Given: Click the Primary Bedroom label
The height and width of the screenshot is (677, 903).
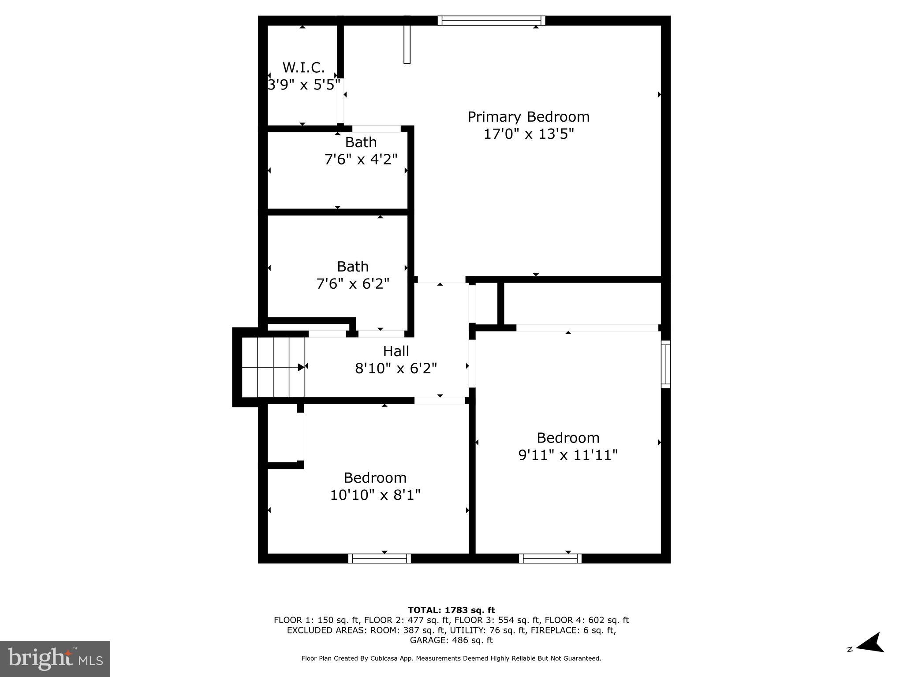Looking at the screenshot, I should pyautogui.click(x=528, y=117).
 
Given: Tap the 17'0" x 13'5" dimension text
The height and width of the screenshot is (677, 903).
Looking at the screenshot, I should pyautogui.click(x=529, y=134).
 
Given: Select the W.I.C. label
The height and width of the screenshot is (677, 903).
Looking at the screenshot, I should pyautogui.click(x=303, y=67).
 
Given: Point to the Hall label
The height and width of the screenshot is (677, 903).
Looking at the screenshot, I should pyautogui.click(x=396, y=351).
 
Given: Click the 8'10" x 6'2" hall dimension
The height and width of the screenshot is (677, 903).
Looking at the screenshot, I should pyautogui.click(x=396, y=368).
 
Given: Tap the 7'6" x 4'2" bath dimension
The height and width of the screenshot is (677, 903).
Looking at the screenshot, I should pyautogui.click(x=361, y=159).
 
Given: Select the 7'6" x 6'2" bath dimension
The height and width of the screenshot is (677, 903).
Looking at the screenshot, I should pyautogui.click(x=353, y=283).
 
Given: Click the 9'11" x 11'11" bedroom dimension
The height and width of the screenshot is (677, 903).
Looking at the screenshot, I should pyautogui.click(x=568, y=455).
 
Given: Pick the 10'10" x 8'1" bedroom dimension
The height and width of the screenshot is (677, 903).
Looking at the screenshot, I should pyautogui.click(x=375, y=495).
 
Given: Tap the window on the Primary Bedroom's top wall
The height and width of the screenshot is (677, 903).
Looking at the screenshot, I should pyautogui.click(x=491, y=21).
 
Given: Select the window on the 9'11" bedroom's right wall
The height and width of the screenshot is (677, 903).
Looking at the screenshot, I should pyautogui.click(x=666, y=364).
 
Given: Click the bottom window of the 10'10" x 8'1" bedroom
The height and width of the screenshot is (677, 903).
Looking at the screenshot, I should pyautogui.click(x=380, y=558).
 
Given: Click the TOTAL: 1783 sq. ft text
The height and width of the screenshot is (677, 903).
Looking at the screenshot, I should pyautogui.click(x=451, y=610).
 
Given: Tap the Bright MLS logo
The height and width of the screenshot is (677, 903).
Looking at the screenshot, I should pyautogui.click(x=55, y=658).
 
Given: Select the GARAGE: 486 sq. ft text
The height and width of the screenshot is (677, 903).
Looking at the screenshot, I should pyautogui.click(x=451, y=640).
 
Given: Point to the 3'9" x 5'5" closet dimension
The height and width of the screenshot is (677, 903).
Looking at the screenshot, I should pyautogui.click(x=303, y=84).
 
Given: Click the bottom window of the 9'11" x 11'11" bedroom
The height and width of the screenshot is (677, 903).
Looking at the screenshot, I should pyautogui.click(x=550, y=558).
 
